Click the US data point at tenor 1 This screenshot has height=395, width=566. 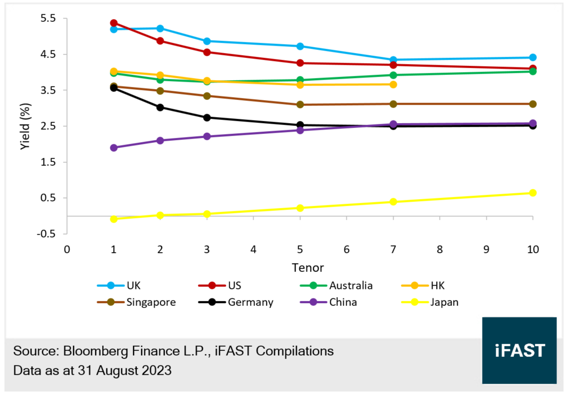[x=114, y=23]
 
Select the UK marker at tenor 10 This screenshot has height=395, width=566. [x=532, y=57]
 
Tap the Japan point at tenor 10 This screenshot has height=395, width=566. [x=532, y=193]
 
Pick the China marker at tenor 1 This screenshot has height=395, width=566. [x=114, y=148]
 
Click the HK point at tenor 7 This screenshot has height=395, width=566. [x=393, y=84]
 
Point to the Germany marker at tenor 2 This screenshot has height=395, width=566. [x=160, y=107]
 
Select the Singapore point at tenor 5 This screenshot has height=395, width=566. [x=300, y=105]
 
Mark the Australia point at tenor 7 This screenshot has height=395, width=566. [x=393, y=75]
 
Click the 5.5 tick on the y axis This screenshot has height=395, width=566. [x=47, y=19]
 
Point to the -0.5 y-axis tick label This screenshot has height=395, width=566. [x=46, y=234]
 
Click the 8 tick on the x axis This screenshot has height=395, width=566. [x=439, y=250]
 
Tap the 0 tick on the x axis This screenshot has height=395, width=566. [x=67, y=250]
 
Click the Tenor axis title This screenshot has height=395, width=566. [x=306, y=267]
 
